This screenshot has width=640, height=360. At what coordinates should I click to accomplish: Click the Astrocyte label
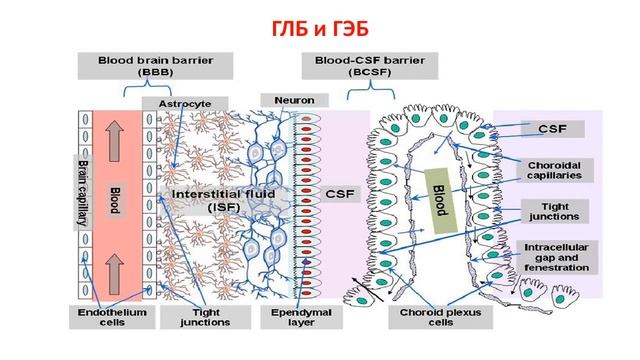[184, 103]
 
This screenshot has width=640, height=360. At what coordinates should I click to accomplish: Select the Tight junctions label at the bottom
[207, 317]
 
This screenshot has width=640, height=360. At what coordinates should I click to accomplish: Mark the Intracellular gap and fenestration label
[556, 258]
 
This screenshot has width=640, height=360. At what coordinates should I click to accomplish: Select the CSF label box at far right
[553, 129]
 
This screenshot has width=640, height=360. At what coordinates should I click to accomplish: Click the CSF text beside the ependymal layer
[336, 192]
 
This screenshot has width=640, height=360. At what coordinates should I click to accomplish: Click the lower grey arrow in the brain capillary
[113, 267]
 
